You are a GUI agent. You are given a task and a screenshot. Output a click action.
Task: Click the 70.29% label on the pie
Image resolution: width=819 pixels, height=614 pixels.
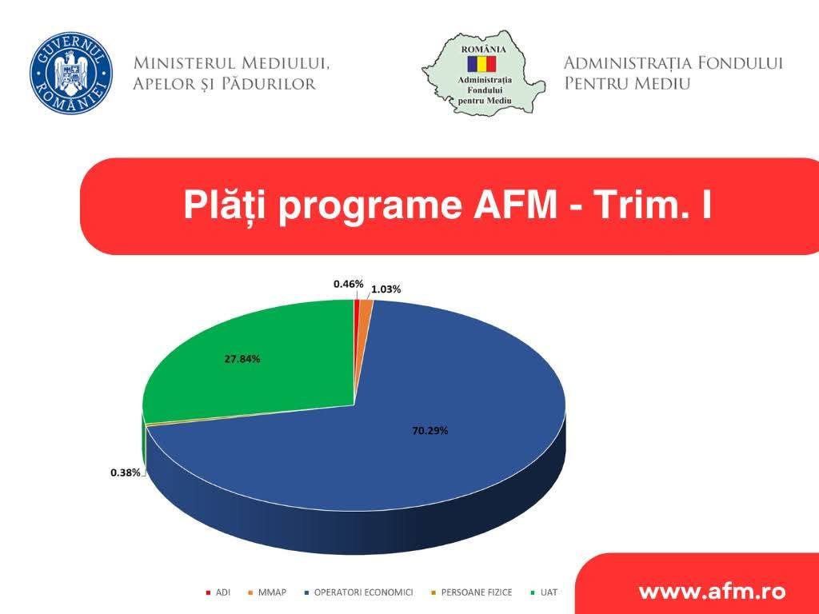429,431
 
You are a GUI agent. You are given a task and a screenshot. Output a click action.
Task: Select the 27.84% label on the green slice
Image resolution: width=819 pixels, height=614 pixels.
242,359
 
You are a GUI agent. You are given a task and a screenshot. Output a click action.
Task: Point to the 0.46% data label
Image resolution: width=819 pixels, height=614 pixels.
348,284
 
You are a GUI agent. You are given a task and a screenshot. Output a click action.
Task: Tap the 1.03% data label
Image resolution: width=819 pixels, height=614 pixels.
386,289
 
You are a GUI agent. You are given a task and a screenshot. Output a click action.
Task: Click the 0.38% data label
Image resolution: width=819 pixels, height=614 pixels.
126,472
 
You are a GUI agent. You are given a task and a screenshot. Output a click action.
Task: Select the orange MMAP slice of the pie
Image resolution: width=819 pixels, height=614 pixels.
366,308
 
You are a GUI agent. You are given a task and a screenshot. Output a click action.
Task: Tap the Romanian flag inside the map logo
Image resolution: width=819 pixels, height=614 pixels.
483,62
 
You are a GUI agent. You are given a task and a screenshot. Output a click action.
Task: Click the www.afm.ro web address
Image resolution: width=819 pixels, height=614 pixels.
711,592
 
